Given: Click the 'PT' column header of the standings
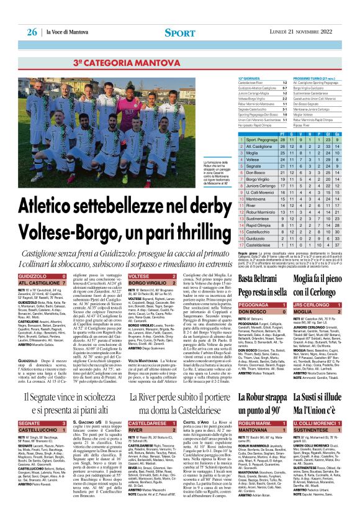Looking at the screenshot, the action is (x=283, y=133).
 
